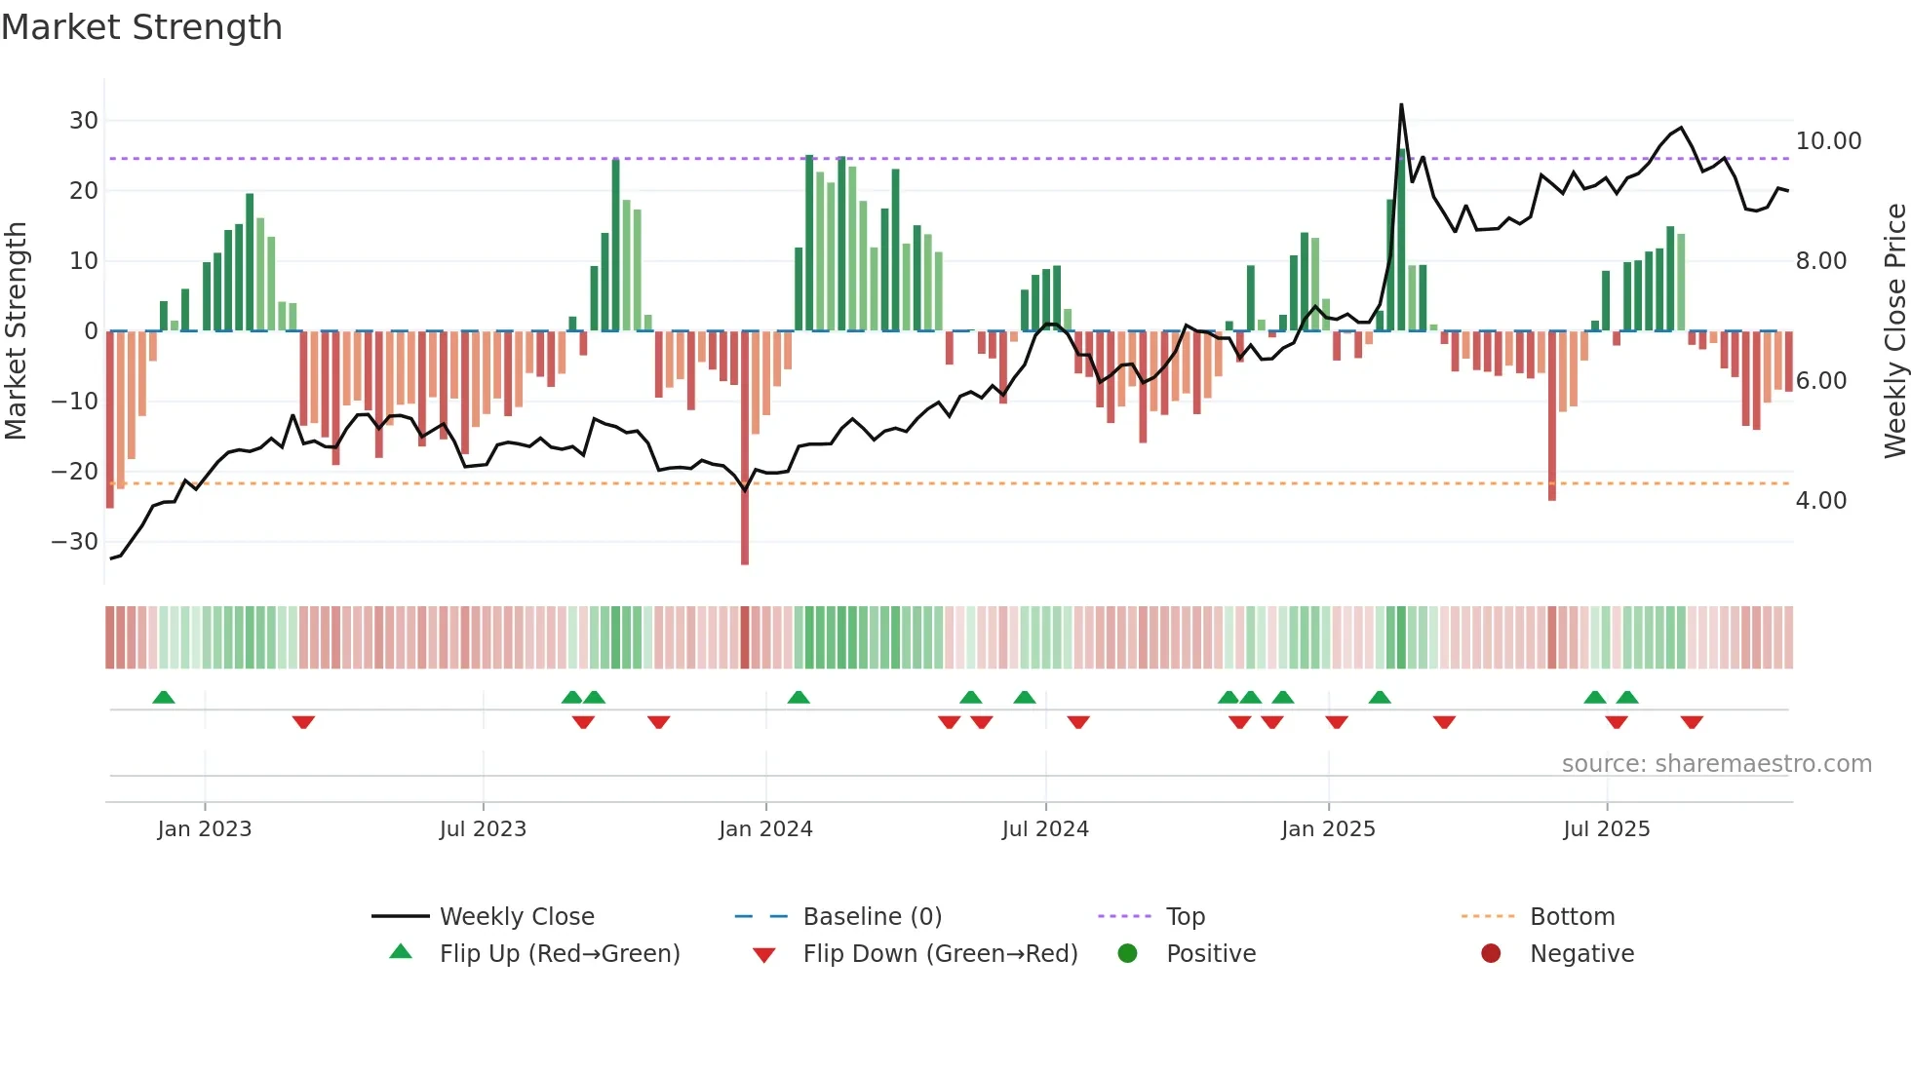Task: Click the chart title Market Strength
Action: click(x=141, y=27)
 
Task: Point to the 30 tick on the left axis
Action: click(x=84, y=121)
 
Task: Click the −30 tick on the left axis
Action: click(x=76, y=542)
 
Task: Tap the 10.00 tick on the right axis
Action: click(x=1828, y=141)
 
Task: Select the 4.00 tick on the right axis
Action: click(x=1820, y=501)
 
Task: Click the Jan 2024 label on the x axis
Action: click(x=765, y=829)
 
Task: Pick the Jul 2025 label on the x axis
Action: click(x=1606, y=829)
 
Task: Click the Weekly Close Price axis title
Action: click(x=1893, y=330)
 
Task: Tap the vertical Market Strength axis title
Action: click(x=16, y=330)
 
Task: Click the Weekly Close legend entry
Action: click(x=516, y=917)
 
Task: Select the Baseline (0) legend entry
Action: click(x=872, y=917)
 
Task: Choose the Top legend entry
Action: click(x=1185, y=917)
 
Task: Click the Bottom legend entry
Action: click(x=1572, y=917)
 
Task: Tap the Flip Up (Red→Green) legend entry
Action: click(x=559, y=954)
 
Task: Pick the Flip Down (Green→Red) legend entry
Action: click(x=940, y=954)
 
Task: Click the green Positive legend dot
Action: click(x=1128, y=954)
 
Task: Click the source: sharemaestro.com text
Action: click(x=1716, y=764)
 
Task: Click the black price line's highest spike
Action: click(x=1401, y=105)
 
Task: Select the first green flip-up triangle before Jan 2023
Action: click(x=164, y=698)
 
